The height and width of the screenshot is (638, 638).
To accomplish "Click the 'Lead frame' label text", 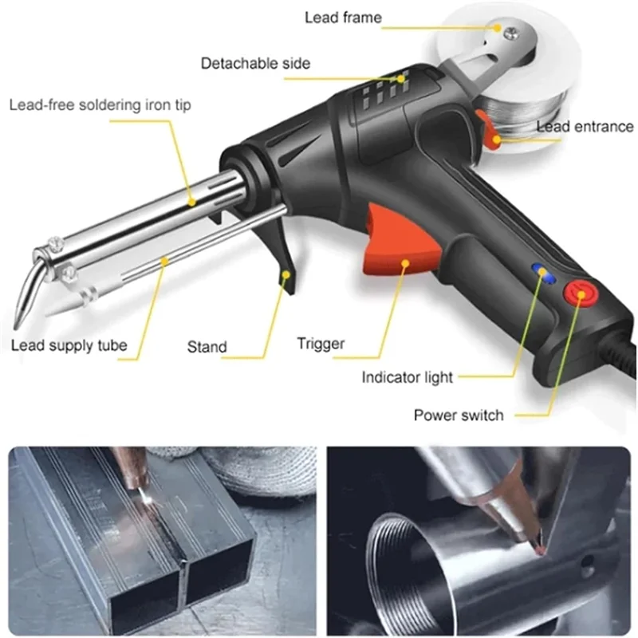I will pyautogui.click(x=343, y=17).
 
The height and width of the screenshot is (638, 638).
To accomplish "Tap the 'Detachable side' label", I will pyautogui.click(x=255, y=62).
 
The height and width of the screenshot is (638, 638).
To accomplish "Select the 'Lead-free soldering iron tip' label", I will pyautogui.click(x=100, y=104).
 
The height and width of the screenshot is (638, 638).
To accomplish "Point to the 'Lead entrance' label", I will pyautogui.click(x=585, y=126).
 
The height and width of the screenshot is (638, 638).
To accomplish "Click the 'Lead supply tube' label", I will pyautogui.click(x=69, y=346).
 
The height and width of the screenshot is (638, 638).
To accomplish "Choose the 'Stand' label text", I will pyautogui.click(x=207, y=347).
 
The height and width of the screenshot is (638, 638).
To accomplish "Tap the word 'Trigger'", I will pyautogui.click(x=321, y=344).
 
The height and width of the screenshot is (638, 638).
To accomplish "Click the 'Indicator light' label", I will pyautogui.click(x=407, y=376).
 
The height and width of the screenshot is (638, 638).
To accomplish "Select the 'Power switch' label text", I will pyautogui.click(x=459, y=415).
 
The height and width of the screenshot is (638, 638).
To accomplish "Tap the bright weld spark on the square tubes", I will pyautogui.click(x=143, y=495).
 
